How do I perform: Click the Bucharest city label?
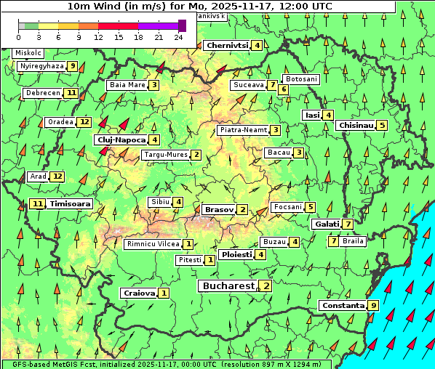[228, 286]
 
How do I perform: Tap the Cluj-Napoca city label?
[121, 139]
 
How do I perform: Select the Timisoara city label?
[71, 204]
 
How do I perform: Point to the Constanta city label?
[342, 306]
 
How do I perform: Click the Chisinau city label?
[356, 126]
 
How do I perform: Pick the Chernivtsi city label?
[228, 45]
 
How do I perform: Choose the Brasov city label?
[219, 209]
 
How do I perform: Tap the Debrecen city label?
[42, 93]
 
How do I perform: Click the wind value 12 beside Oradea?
[84, 122]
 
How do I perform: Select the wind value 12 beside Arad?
[57, 177]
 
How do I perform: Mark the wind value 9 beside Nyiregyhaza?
[72, 66]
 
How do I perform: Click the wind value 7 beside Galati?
[348, 224]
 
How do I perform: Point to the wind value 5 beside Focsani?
[311, 207]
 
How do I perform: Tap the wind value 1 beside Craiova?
[164, 293]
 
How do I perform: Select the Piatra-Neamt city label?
[244, 130]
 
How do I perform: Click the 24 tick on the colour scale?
[178, 36]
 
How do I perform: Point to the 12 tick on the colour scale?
[98, 36]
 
